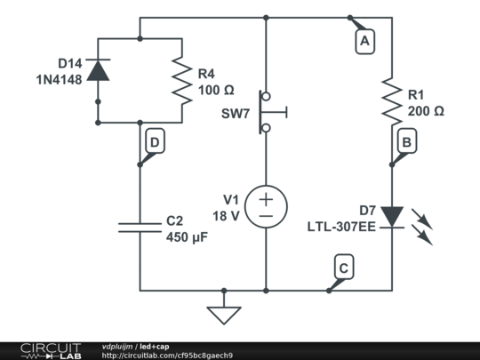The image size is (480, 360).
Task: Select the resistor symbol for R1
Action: click(x=391, y=98)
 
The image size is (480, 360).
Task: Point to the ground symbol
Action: click(x=222, y=313)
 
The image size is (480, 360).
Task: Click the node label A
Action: click(x=362, y=40)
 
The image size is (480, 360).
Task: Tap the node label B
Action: click(x=405, y=140)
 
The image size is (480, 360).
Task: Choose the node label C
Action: click(x=343, y=266)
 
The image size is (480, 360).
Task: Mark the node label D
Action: click(x=155, y=141)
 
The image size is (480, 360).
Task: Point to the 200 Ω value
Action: click(x=426, y=111)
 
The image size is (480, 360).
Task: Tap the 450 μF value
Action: click(x=189, y=236)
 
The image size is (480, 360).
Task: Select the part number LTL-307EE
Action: click(x=341, y=227)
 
